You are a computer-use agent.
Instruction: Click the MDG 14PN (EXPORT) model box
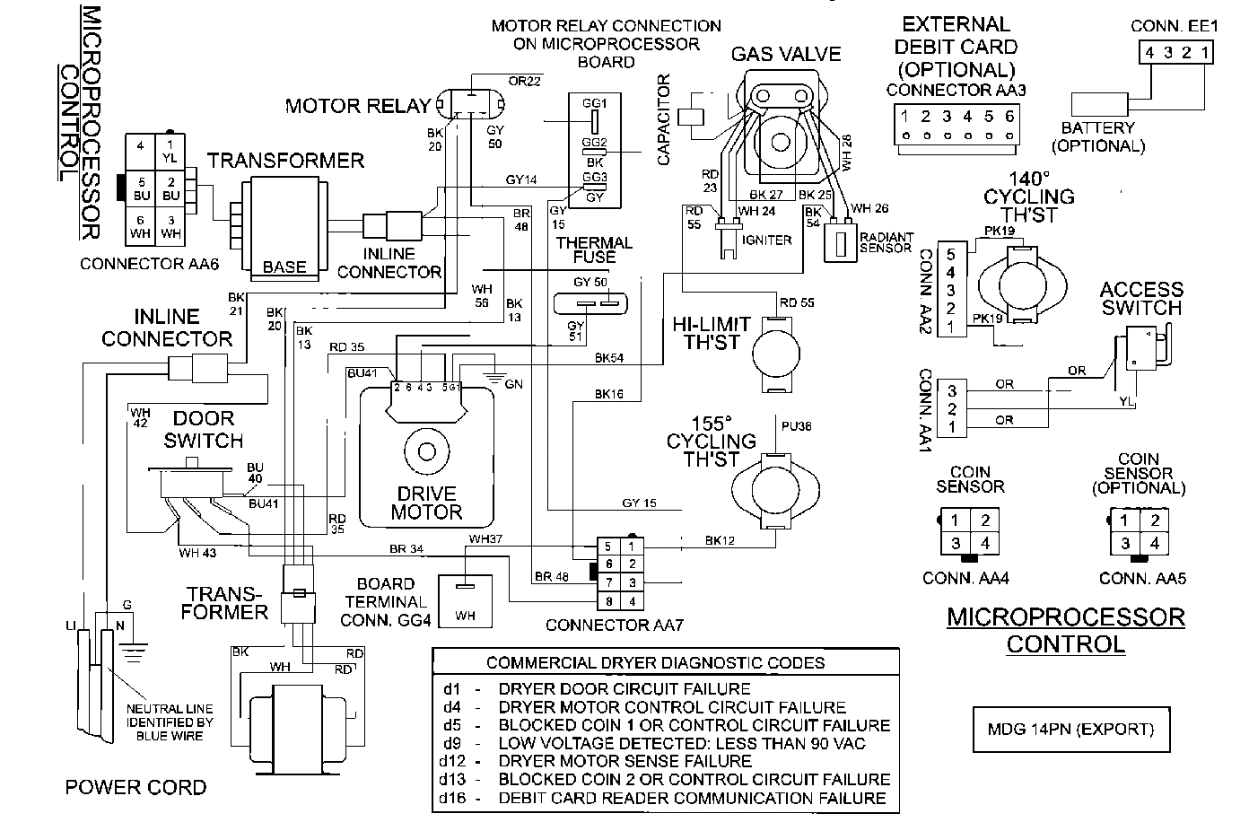click(x=1072, y=729)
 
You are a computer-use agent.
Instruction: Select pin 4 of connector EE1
click(x=1150, y=52)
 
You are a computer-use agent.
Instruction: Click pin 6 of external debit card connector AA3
click(x=1009, y=117)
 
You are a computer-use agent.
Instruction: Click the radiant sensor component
click(x=840, y=242)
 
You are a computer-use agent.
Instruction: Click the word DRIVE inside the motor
click(x=426, y=494)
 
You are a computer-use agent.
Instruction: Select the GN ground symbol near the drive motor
click(x=493, y=378)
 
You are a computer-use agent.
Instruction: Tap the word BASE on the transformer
click(x=284, y=267)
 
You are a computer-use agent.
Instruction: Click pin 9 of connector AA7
click(x=609, y=601)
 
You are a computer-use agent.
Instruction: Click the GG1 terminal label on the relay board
click(x=594, y=104)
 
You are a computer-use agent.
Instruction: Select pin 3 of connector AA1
click(x=951, y=391)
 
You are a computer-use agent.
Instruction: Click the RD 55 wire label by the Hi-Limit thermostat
click(x=796, y=302)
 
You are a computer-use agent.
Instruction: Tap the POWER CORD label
click(x=135, y=787)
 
